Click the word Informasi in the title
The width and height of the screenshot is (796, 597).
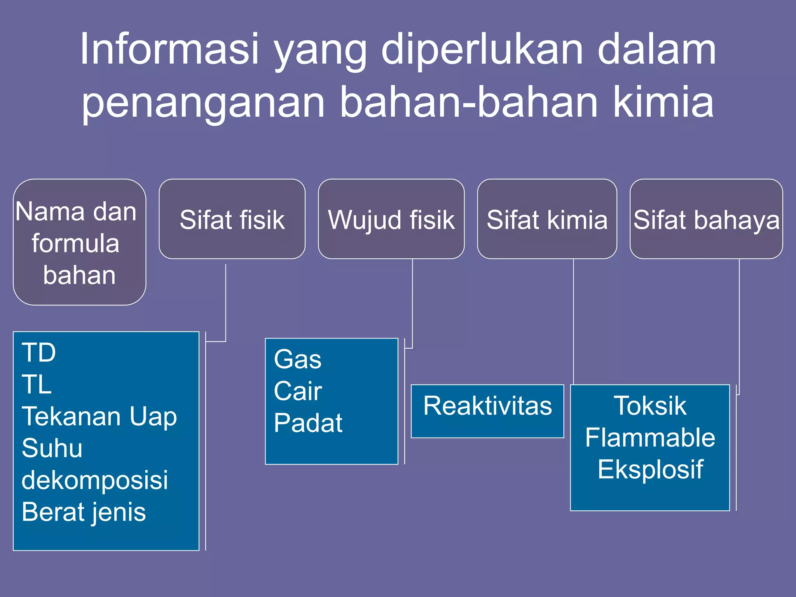pos(169,49)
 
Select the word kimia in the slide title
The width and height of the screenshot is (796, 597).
pos(663,102)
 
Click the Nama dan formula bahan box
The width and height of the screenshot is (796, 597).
pos(79,242)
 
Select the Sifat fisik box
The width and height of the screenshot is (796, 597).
pos(232,219)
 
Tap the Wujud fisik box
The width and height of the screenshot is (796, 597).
pos(391,219)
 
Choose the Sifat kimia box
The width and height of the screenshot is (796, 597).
pos(547,219)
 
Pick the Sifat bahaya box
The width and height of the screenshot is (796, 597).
pos(706,219)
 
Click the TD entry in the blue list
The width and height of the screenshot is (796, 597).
pos(39,353)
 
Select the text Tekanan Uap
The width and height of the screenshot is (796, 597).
pos(99,416)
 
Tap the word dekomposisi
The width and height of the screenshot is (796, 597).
pos(95,480)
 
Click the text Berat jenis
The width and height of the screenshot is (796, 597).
pos(84,512)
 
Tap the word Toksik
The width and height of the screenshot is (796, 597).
pos(650,406)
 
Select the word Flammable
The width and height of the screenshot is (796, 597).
pos(650,438)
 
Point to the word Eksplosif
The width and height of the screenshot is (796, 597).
pos(650,470)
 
